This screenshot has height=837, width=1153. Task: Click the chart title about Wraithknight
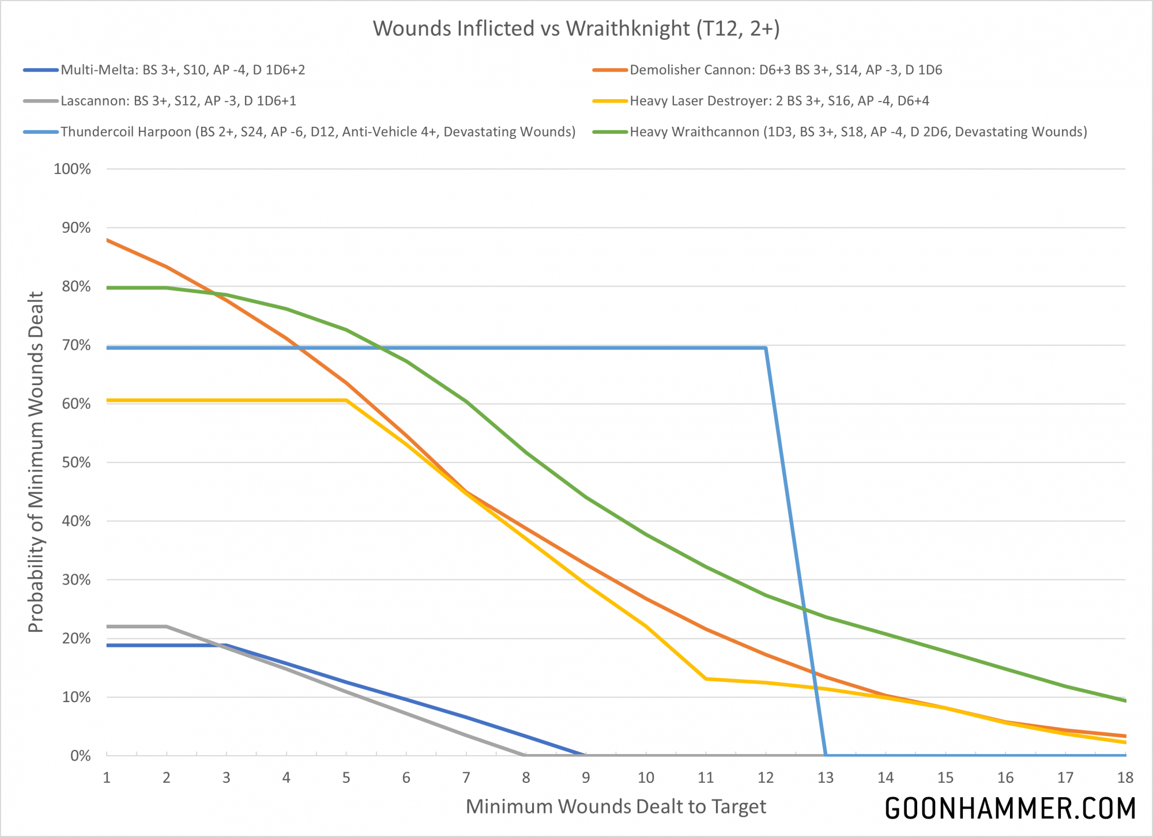(576, 28)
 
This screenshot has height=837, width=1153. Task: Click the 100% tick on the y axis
(72, 169)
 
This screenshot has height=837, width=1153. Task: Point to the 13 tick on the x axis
(826, 778)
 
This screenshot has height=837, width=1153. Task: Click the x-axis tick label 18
(1125, 778)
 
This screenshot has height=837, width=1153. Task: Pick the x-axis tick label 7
(466, 778)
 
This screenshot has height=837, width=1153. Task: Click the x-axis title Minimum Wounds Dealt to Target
(616, 806)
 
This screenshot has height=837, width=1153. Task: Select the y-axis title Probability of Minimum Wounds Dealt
(36, 462)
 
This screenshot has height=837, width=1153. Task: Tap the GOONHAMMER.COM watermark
(1010, 808)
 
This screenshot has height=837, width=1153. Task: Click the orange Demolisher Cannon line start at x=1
(107, 240)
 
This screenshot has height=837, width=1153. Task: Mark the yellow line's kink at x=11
(706, 678)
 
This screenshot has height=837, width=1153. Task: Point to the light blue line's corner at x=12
(765, 348)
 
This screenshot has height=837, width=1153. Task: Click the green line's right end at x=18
(1125, 701)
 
